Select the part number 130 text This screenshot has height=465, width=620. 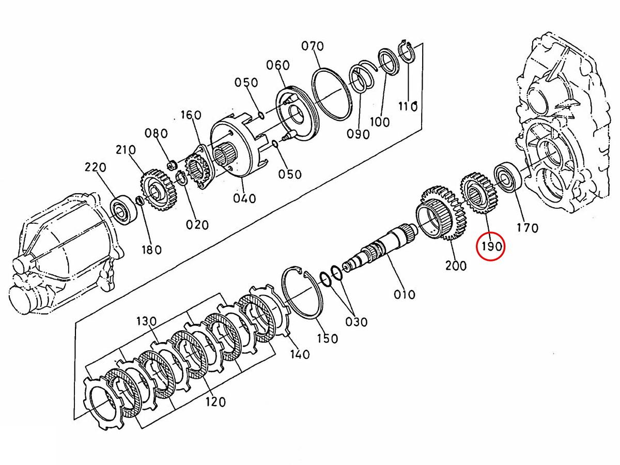(x=146, y=321)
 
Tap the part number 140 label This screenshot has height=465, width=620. (x=300, y=354)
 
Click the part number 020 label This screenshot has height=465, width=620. (x=197, y=224)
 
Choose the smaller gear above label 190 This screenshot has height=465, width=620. (x=478, y=193)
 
